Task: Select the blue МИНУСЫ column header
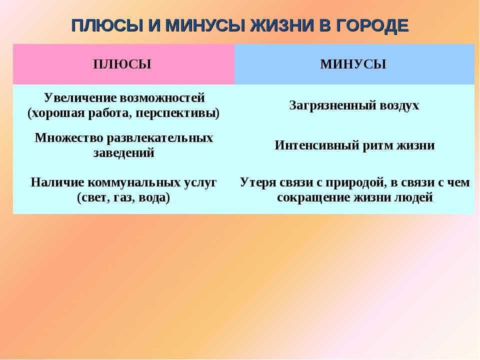point(353,64)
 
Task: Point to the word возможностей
point(162,98)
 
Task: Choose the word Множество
point(69,138)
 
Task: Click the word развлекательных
point(160,138)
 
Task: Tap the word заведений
point(123,152)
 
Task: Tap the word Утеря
point(257,182)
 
